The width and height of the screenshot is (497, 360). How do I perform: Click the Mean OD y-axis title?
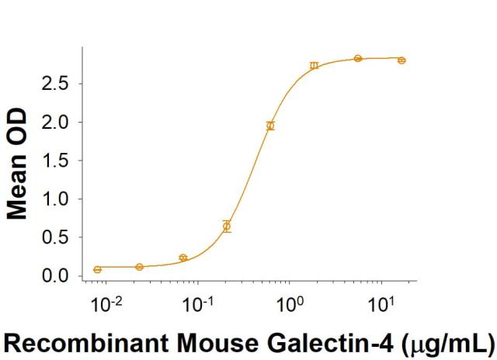click(x=18, y=164)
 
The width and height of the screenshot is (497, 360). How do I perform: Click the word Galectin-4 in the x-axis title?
click(x=356, y=341)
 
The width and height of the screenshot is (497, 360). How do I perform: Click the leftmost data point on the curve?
click(x=97, y=269)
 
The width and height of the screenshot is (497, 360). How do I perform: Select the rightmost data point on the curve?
click(x=401, y=60)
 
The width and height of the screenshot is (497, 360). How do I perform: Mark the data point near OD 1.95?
click(x=270, y=126)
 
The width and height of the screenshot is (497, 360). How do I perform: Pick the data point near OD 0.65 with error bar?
click(x=227, y=227)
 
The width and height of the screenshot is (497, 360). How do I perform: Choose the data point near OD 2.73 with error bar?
click(x=314, y=65)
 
